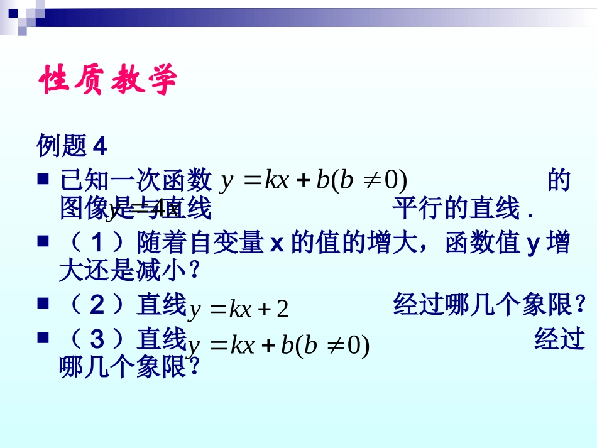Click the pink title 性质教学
[x=108, y=80]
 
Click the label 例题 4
[x=72, y=146]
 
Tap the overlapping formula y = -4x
[x=143, y=209]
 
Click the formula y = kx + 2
[x=239, y=309]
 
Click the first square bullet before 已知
[x=43, y=180]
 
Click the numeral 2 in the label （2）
[x=97, y=305]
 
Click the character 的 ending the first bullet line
[x=559, y=180]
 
